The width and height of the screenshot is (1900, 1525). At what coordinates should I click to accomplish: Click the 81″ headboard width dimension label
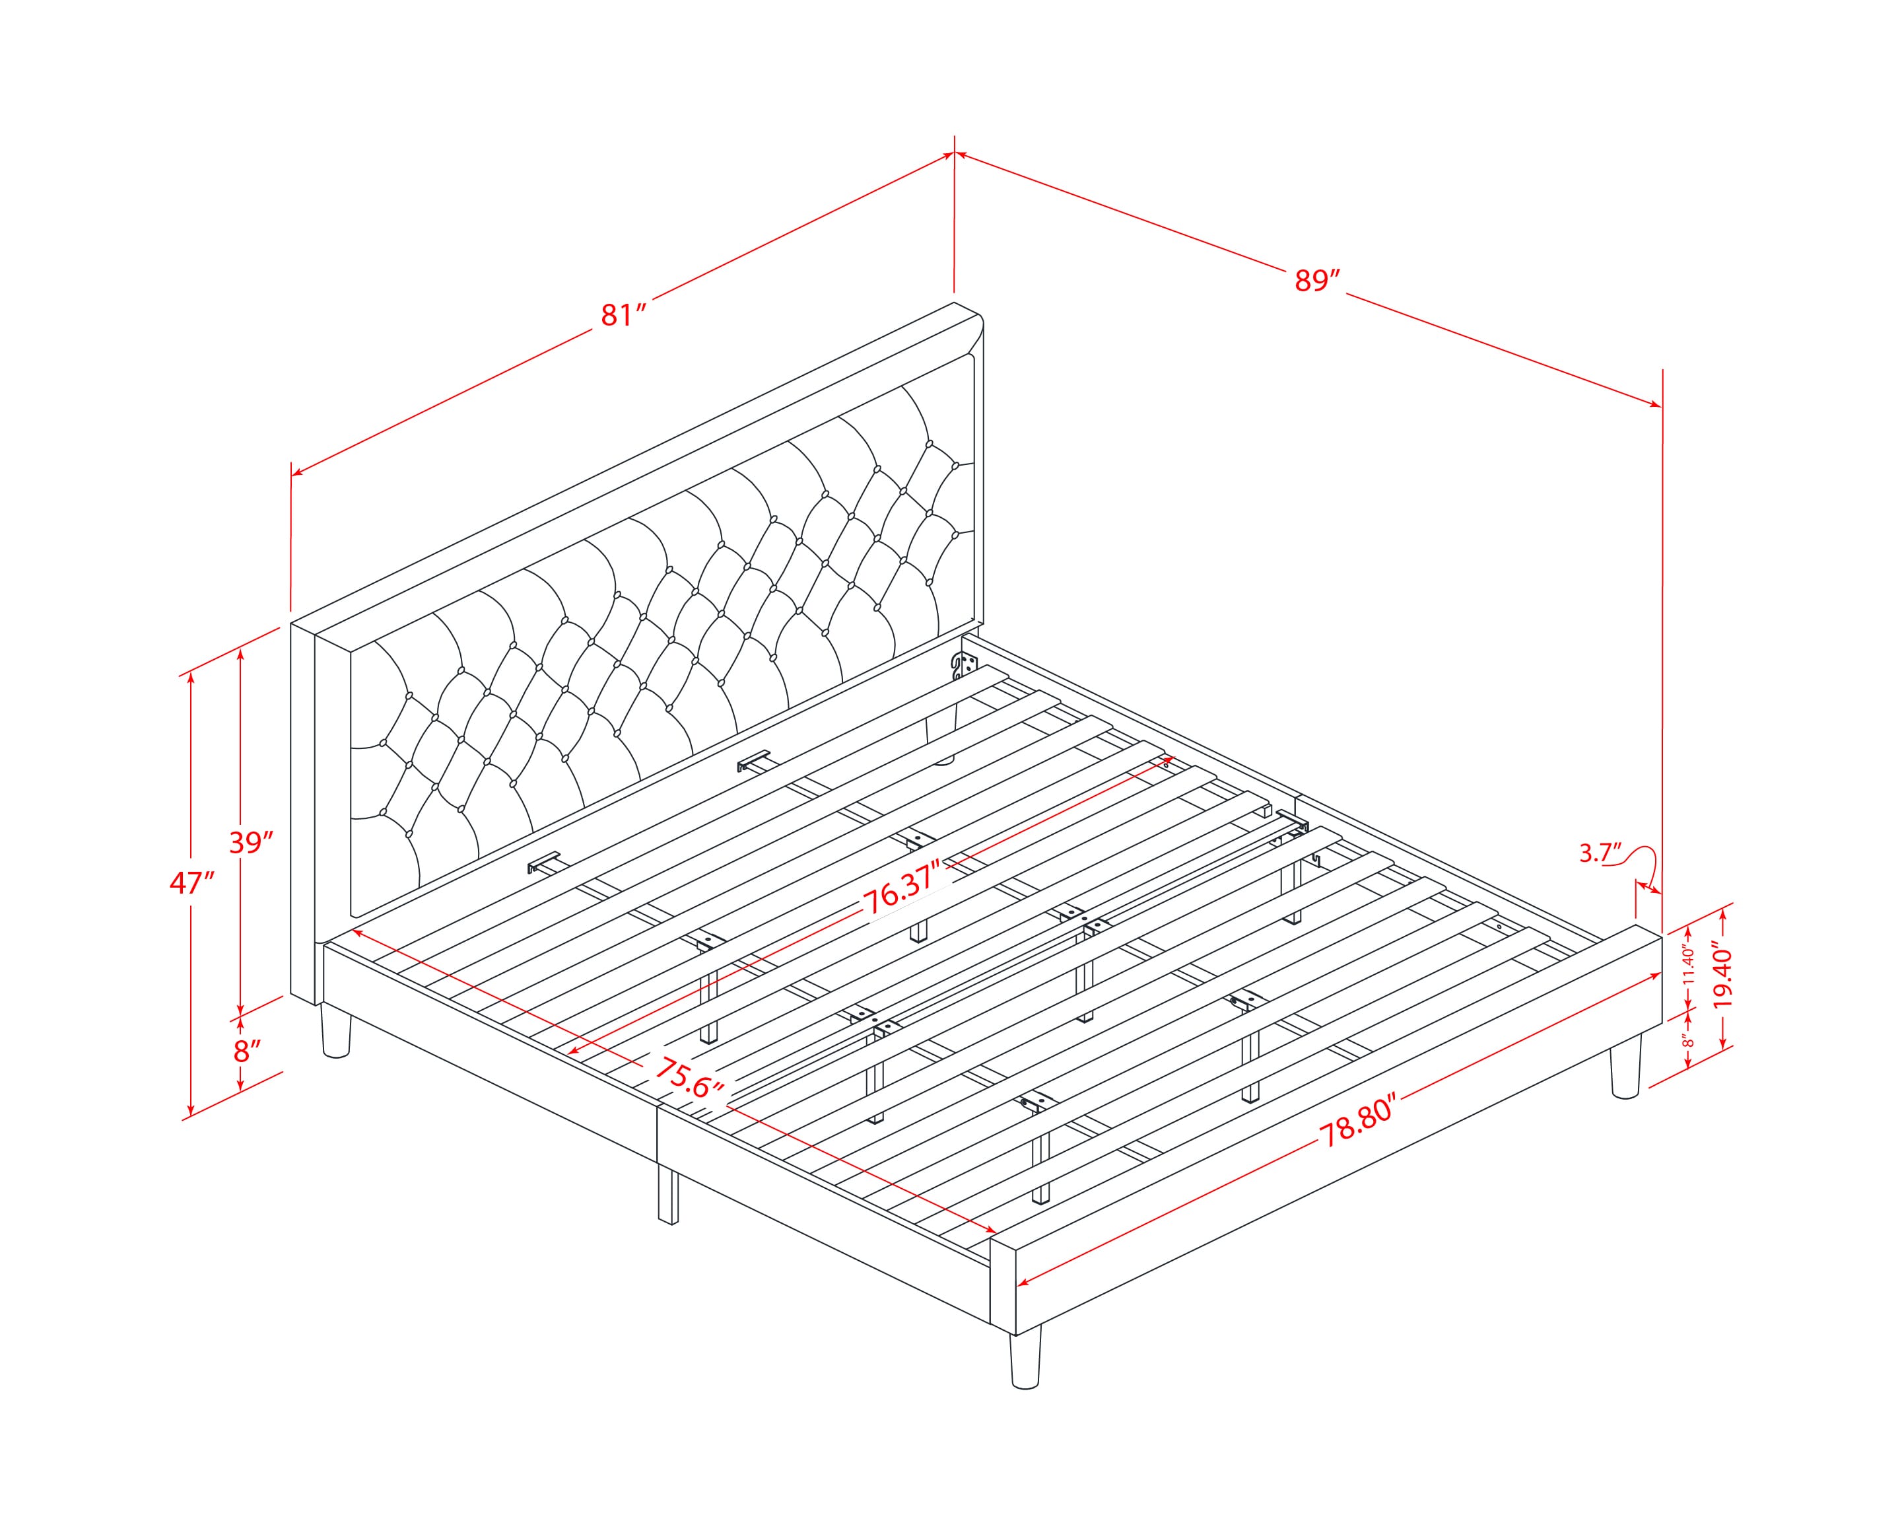pyautogui.click(x=624, y=314)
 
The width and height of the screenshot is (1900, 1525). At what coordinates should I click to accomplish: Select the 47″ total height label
pyautogui.click(x=192, y=882)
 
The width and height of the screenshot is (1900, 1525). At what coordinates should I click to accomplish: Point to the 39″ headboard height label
pyautogui.click(x=252, y=843)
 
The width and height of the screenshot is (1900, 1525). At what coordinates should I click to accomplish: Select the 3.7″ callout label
pyautogui.click(x=1600, y=853)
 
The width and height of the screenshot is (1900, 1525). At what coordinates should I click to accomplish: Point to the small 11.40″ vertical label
pyautogui.click(x=1687, y=965)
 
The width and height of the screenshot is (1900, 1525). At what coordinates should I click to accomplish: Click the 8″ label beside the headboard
pyautogui.click(x=248, y=1051)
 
